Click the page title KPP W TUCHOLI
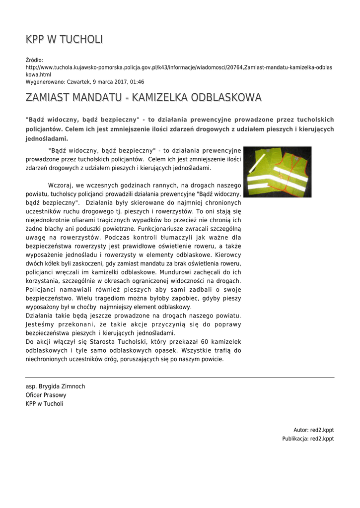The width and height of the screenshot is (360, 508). click(64, 40)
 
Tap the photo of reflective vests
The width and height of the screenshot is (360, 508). click(277, 172)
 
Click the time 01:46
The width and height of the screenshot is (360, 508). click(138, 82)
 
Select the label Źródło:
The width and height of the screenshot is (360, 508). click(34, 60)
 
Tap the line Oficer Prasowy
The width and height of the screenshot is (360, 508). click(46, 395)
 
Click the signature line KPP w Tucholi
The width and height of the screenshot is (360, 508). click(44, 404)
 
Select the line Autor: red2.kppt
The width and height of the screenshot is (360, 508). click(313, 430)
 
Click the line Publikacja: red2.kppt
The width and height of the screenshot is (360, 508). click(308, 439)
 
